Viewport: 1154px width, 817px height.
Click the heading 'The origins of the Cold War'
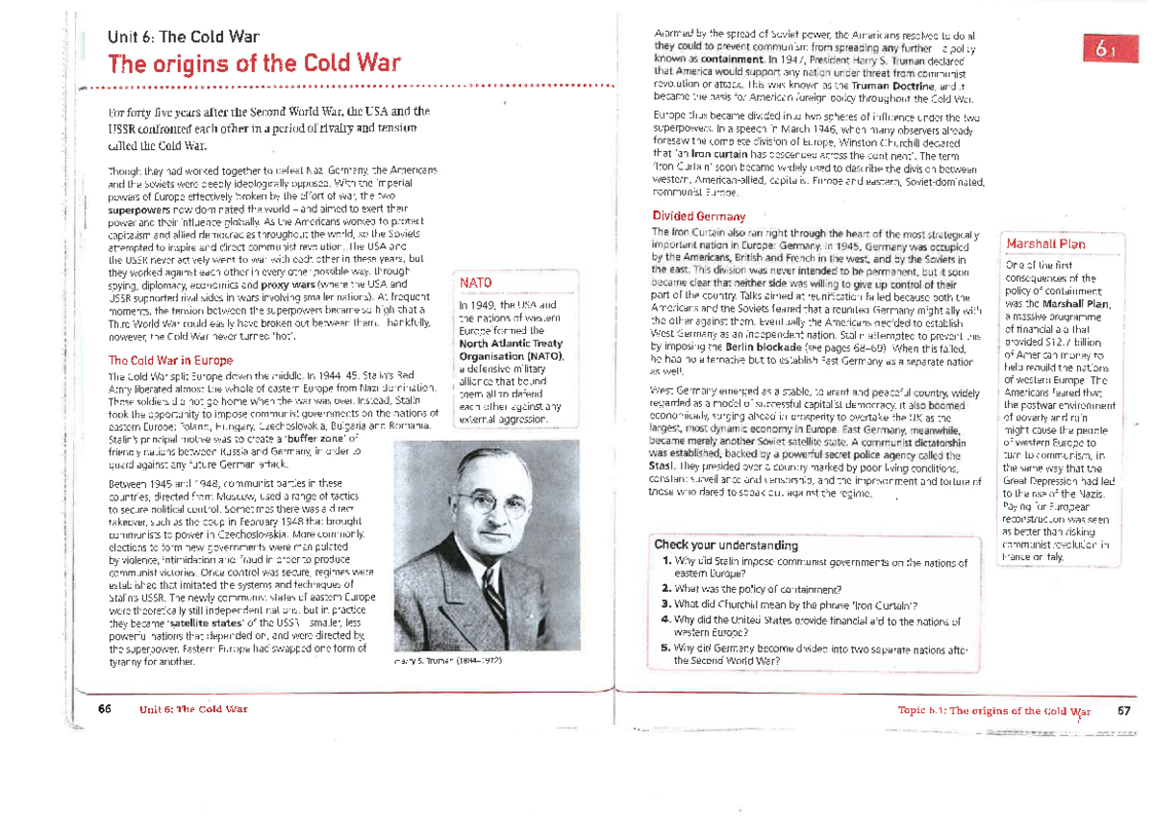click(x=254, y=64)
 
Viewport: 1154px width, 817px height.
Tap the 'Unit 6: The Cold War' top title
click(x=183, y=38)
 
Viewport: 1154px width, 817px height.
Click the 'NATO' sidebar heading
click(x=476, y=283)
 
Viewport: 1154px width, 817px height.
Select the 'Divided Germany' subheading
click(x=698, y=216)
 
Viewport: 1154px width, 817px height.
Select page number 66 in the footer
click(x=105, y=709)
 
